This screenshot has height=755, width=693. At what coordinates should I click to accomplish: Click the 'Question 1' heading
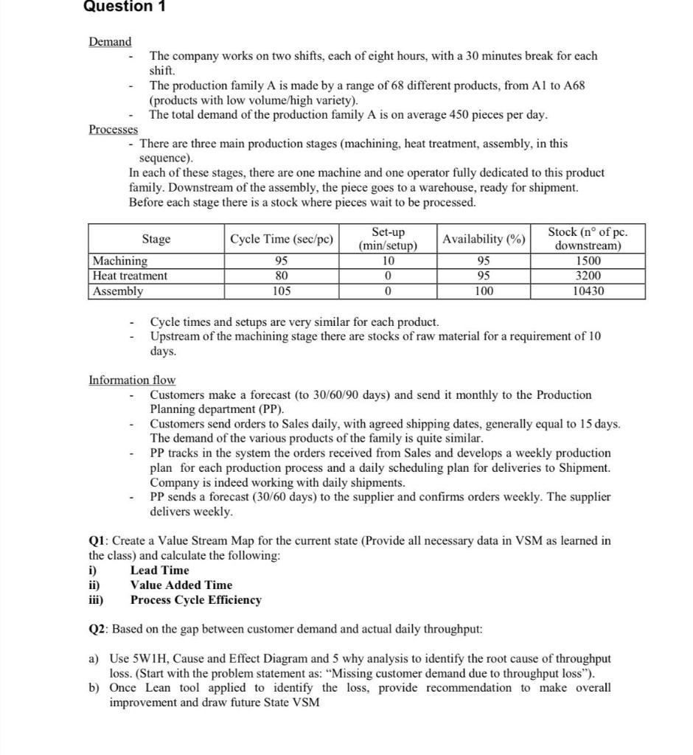coord(125,7)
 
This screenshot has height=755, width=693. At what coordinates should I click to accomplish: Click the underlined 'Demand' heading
coord(110,42)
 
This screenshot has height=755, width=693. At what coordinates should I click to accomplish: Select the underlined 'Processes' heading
coord(113,130)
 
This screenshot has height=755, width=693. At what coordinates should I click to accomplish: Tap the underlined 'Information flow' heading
coord(132,380)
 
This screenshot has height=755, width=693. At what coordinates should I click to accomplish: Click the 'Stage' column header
coord(156,239)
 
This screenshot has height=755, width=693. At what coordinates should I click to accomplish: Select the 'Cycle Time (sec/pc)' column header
coord(282,239)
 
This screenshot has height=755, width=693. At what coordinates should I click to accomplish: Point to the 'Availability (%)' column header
coord(484,239)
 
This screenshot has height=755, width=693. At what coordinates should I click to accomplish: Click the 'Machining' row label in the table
coord(119,261)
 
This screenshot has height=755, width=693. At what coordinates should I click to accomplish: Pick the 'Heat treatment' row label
coord(130,276)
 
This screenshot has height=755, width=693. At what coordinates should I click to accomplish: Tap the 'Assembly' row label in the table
coord(118,291)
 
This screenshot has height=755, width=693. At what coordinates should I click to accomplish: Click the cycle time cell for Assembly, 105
coord(282,291)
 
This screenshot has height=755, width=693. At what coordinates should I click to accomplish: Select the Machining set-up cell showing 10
coord(388,261)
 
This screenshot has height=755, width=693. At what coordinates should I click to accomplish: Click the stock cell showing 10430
coord(587,291)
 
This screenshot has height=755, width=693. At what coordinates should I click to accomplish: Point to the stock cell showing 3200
coord(587,276)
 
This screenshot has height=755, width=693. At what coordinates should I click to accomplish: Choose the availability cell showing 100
coord(484,291)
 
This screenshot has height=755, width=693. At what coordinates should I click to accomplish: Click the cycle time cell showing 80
coord(282,276)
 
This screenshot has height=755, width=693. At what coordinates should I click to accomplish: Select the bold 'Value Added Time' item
coord(181,585)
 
